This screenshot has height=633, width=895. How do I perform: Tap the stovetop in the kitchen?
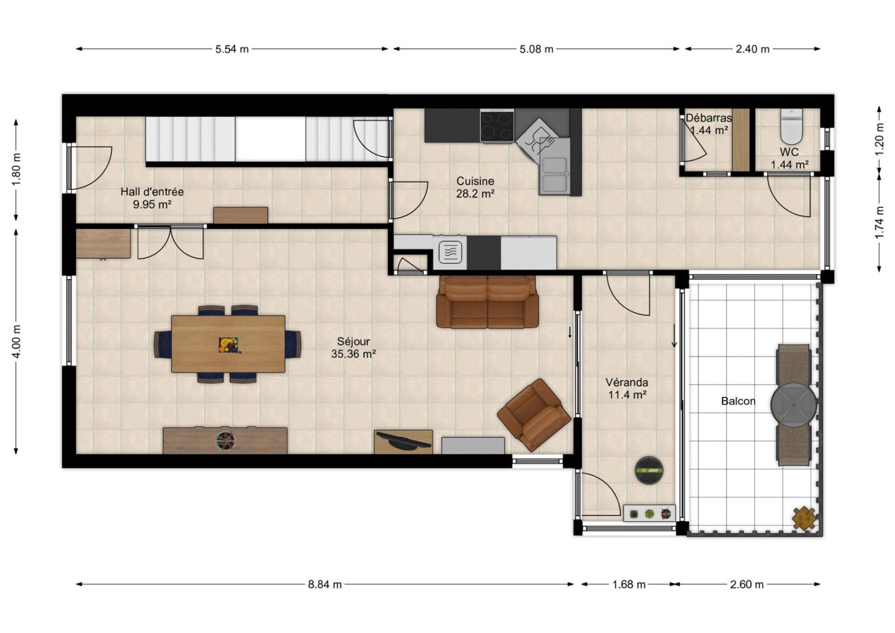pyautogui.click(x=496, y=125)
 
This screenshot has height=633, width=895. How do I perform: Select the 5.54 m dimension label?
pyautogui.click(x=232, y=49)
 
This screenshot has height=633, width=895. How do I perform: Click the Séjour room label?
pyautogui.click(x=353, y=341)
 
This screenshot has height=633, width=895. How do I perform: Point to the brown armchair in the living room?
pyautogui.click(x=534, y=415)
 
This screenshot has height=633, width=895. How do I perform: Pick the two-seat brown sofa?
pyautogui.click(x=488, y=302)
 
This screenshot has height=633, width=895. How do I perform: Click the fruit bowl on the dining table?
pyautogui.click(x=228, y=345)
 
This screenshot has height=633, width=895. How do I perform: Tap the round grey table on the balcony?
pyautogui.click(x=794, y=405)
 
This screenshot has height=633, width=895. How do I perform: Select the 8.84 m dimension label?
pyautogui.click(x=325, y=585)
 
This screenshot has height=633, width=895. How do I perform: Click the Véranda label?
pyautogui.click(x=627, y=382)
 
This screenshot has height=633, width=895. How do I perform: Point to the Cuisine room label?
pyautogui.click(x=475, y=181)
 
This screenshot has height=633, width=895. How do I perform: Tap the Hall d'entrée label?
pyautogui.click(x=152, y=192)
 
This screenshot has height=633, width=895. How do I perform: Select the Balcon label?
pyautogui.click(x=738, y=401)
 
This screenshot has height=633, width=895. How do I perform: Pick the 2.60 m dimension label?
pyautogui.click(x=747, y=585)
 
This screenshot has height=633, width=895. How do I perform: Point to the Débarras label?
pyautogui.click(x=709, y=118)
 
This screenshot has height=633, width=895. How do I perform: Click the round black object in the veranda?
pyautogui.click(x=649, y=470)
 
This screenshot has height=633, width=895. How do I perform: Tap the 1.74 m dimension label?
pyautogui.click(x=879, y=222)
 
